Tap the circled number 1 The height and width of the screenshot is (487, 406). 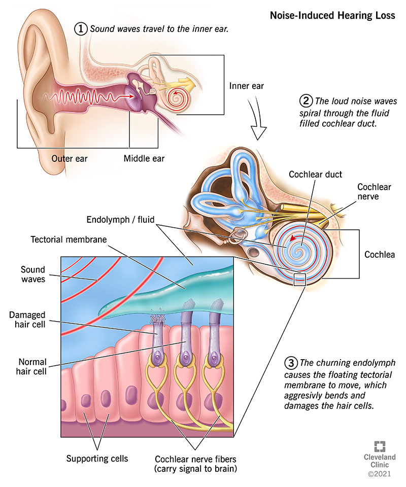(81, 29)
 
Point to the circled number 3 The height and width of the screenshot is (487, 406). (290, 363)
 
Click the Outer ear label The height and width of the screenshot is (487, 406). (70, 159)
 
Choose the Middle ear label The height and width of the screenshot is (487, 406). (144, 159)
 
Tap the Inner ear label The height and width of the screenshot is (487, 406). (247, 85)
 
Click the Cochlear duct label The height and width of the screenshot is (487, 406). (315, 175)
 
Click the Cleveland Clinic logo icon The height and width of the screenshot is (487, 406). (380, 447)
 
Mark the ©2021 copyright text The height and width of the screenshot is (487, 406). (380, 476)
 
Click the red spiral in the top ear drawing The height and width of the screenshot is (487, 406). (178, 95)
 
